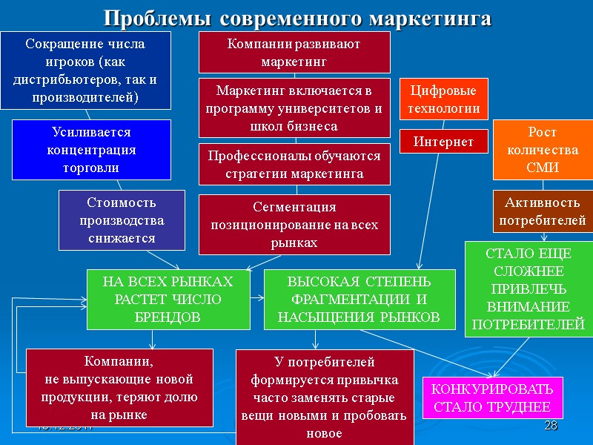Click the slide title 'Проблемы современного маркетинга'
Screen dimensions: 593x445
(x=296, y=18)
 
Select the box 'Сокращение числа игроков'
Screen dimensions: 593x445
(x=85, y=70)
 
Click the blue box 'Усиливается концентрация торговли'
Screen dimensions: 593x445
(x=91, y=150)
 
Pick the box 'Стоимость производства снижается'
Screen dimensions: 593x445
(x=122, y=220)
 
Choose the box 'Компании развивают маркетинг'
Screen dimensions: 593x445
(x=294, y=53)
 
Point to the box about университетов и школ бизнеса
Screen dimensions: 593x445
(x=294, y=108)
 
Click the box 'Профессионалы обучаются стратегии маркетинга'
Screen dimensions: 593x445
(x=294, y=165)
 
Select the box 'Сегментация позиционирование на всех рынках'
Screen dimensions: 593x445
(x=294, y=225)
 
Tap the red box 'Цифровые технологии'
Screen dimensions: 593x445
(x=444, y=99)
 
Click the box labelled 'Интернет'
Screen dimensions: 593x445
(x=444, y=141)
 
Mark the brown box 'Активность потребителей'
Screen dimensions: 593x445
(x=543, y=211)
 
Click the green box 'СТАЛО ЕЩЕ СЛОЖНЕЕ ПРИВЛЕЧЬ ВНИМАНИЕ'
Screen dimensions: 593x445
(x=529, y=289)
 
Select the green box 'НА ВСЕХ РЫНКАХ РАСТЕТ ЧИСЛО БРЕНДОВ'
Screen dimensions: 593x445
(x=168, y=300)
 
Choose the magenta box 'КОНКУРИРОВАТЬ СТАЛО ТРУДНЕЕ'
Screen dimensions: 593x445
(x=492, y=398)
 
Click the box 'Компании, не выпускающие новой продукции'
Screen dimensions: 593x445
(x=119, y=388)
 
